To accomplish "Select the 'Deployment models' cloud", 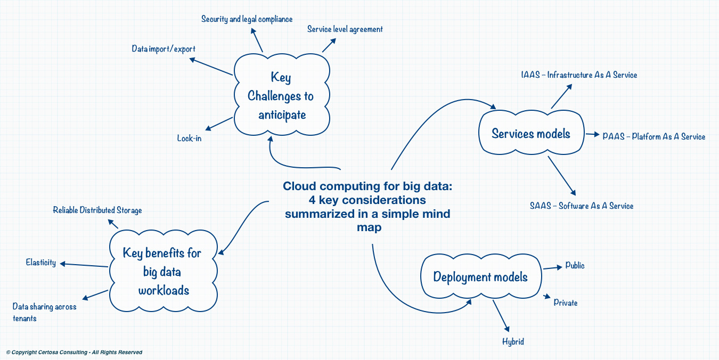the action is tap(481, 276).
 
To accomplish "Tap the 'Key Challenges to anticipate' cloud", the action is tap(282, 95).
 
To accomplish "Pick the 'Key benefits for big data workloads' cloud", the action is tap(163, 271).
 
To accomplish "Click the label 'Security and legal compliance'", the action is tap(247, 19).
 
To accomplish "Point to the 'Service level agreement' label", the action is tap(345, 29).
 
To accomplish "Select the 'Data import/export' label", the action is tap(164, 49).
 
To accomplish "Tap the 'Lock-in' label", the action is tap(190, 138).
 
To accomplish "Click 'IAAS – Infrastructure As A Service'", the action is tap(579, 75).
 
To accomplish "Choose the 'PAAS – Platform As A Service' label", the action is tap(654, 137).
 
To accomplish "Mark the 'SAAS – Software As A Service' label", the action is tap(582, 206).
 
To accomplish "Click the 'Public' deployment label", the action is tap(575, 265).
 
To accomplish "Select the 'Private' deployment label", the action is tap(566, 302).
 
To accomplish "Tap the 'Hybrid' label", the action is tap(513, 342).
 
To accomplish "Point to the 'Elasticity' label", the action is tap(41, 263).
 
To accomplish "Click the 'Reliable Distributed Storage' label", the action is tap(97, 210).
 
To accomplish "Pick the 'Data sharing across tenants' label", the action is tap(44, 313).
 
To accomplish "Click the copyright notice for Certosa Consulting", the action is tap(74, 353).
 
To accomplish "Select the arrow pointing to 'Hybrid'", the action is tap(501, 316).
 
